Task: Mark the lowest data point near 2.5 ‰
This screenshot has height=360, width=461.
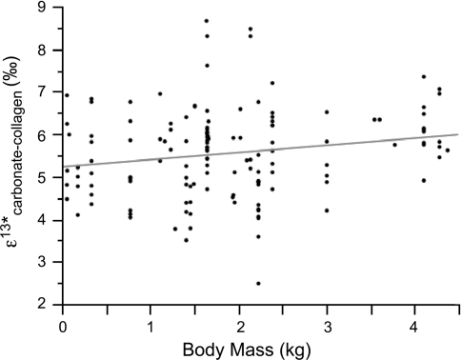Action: pos(258,283)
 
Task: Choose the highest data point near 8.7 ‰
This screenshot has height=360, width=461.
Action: pos(207,21)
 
